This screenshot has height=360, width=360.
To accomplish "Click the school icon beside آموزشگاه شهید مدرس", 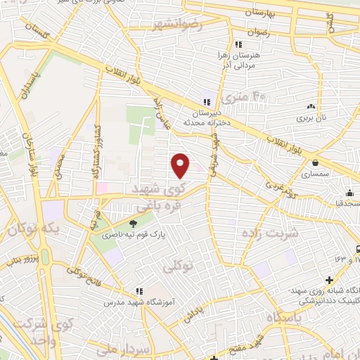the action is click(x=139, y=292).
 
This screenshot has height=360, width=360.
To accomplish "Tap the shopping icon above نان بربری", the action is click(x=309, y=107).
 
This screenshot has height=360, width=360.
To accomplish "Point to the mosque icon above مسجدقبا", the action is click(x=349, y=193).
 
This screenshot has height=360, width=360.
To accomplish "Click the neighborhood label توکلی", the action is click(x=178, y=267).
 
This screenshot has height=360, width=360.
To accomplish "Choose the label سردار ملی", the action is click(x=169, y=349).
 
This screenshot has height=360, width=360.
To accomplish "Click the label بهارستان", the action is click(x=263, y=13).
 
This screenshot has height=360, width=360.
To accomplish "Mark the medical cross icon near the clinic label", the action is click(x=330, y=281).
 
